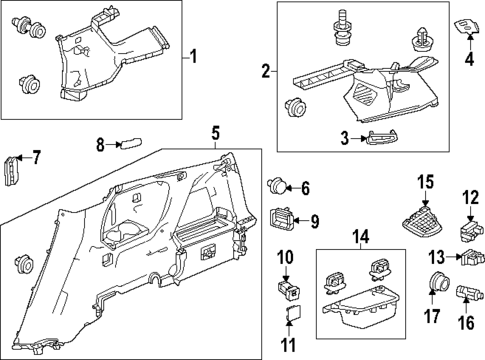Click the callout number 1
(194, 56)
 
